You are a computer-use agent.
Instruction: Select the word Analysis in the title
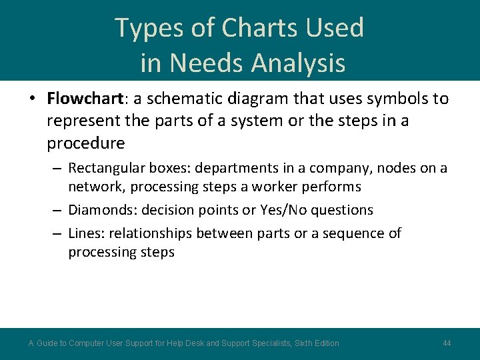click(298, 63)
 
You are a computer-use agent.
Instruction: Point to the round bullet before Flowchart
click(32, 100)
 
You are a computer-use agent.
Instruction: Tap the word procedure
click(85, 143)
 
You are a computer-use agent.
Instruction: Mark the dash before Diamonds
click(57, 211)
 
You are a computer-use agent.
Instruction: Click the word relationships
click(155, 233)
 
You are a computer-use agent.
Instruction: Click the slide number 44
click(447, 343)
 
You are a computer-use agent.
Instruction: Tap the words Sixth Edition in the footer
click(315, 343)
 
